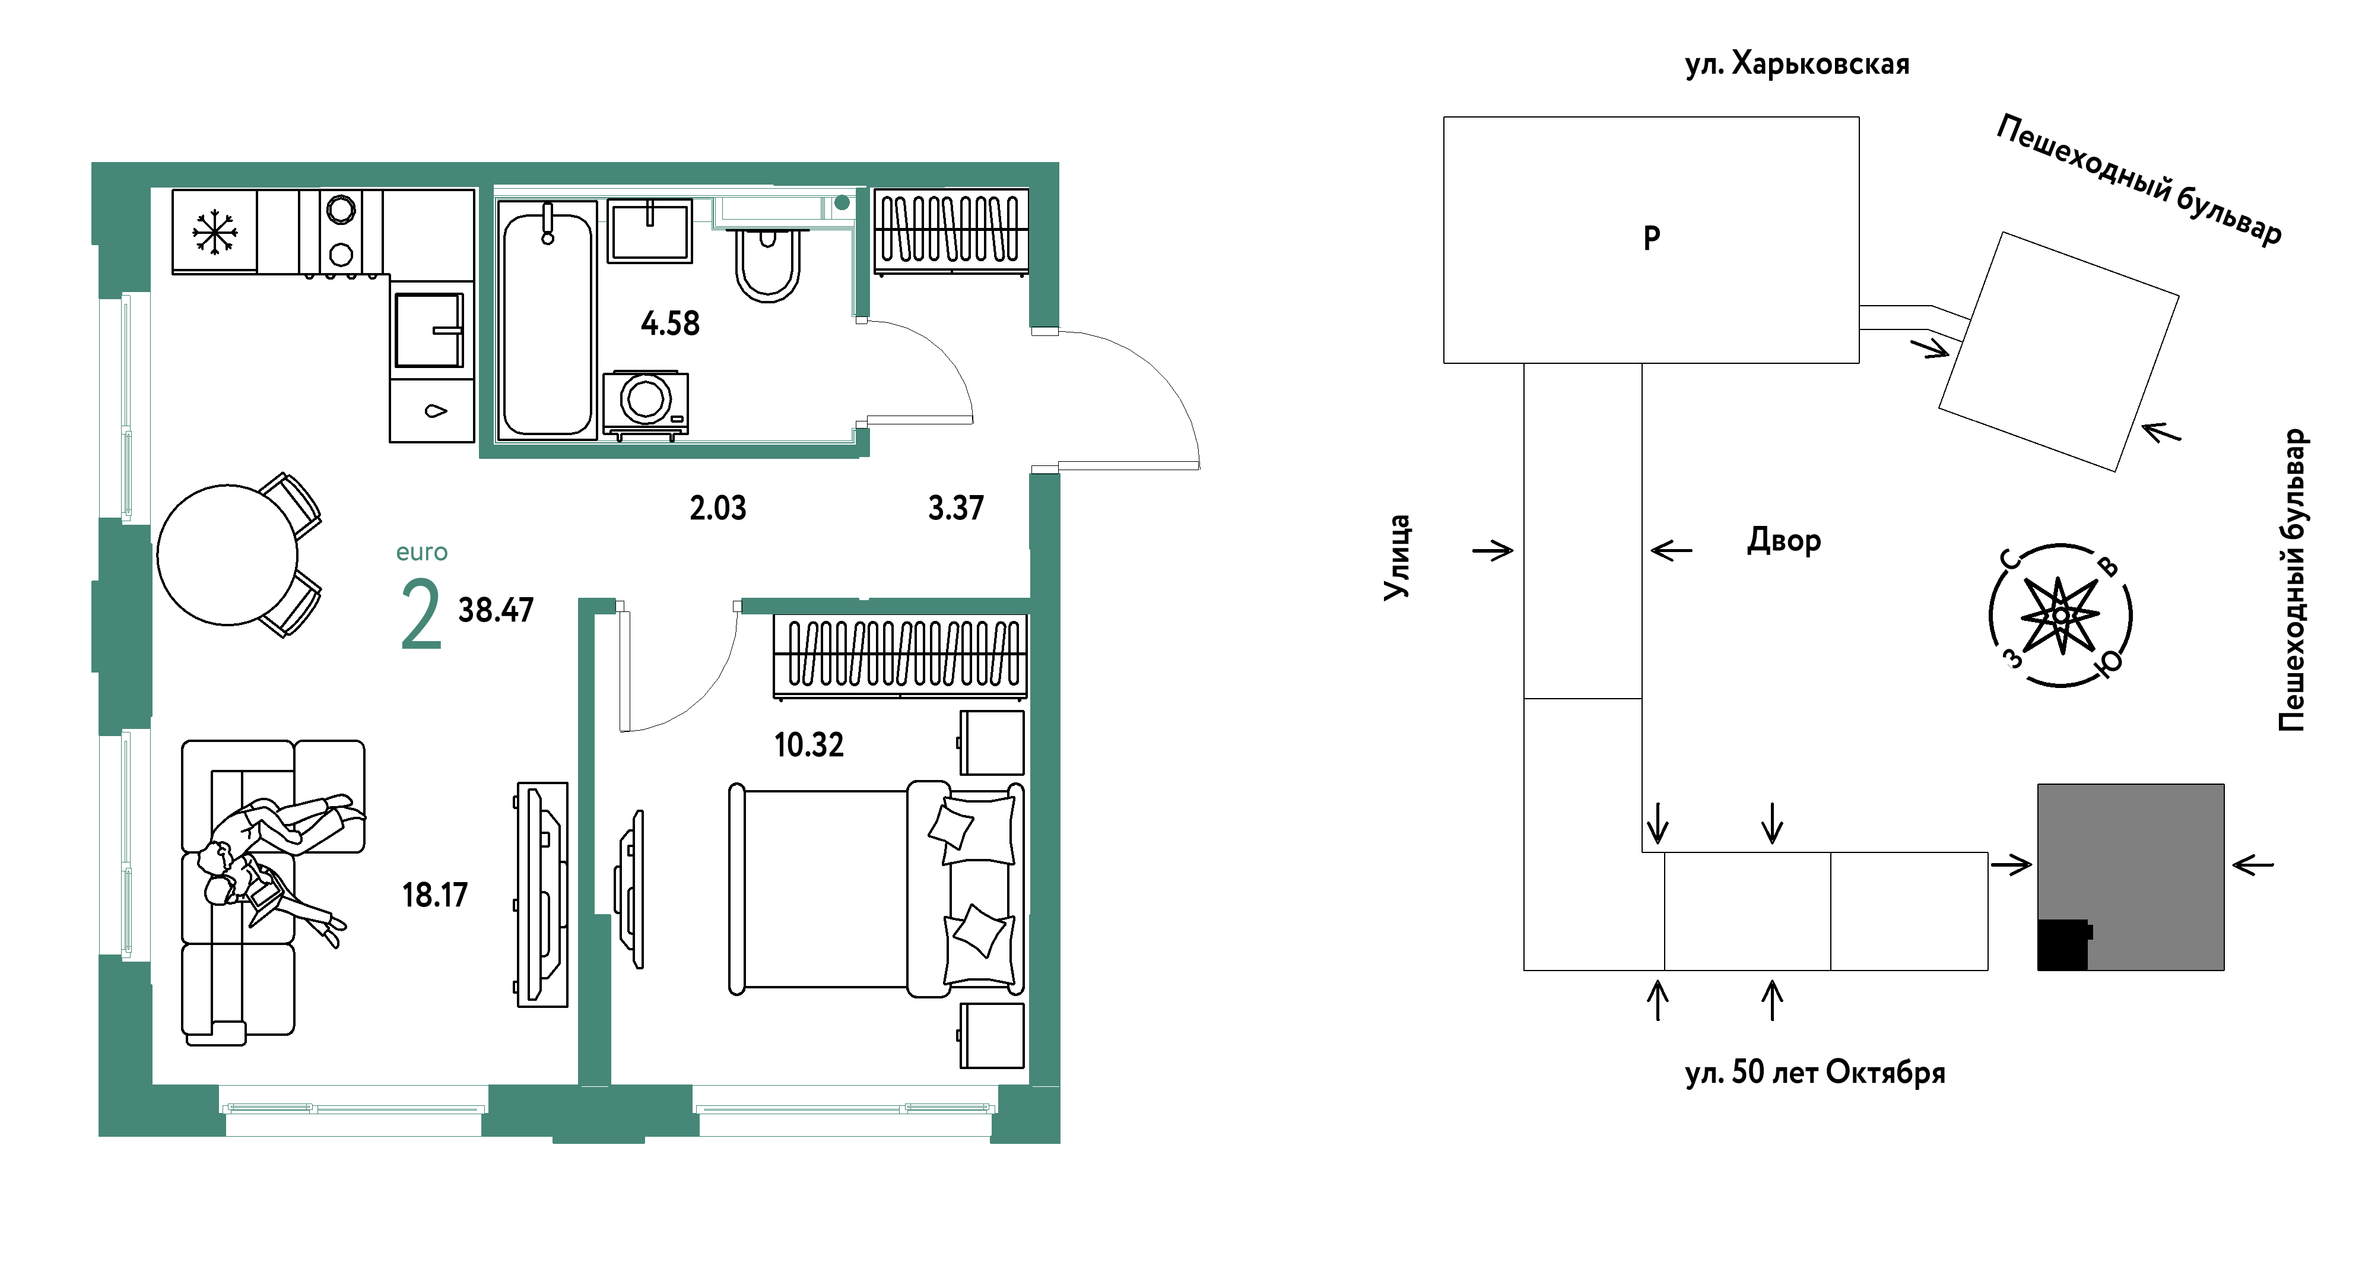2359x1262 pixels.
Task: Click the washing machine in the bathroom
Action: [646, 404]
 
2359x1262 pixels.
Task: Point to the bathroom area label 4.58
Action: [671, 324]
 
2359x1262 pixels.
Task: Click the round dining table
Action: [227, 555]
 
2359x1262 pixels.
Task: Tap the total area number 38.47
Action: [496, 610]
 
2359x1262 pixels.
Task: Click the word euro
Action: [421, 552]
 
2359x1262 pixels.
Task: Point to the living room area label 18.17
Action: [435, 895]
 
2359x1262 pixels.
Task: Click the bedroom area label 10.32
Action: [809, 744]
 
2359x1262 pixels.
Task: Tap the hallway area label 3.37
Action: [956, 508]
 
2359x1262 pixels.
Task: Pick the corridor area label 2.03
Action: [718, 508]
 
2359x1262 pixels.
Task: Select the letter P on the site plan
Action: [1651, 238]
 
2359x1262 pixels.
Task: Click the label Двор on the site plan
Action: [1784, 540]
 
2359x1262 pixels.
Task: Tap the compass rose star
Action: [2060, 616]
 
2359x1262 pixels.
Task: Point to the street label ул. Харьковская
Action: [1797, 64]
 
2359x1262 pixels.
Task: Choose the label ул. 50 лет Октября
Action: [1815, 1073]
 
